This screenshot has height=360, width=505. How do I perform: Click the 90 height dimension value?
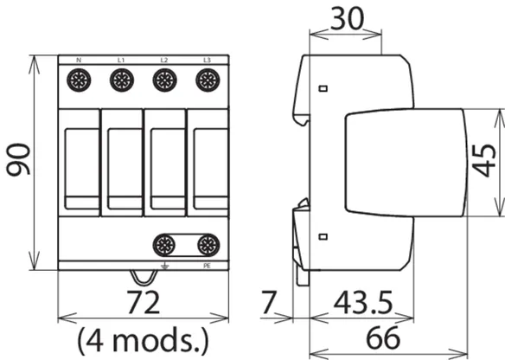coord(18,159)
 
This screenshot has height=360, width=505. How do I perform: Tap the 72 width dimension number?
coord(144,302)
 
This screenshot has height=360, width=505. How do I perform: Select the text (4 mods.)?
coord(143,340)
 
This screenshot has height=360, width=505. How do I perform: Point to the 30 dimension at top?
coord(348,19)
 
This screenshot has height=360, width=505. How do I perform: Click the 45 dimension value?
coord(484,161)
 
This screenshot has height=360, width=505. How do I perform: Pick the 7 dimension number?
coord(269,302)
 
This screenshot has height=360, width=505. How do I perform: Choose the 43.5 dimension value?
coord(363,302)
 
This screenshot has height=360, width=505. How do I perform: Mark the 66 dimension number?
coord(383,337)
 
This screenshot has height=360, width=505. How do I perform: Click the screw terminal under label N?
coord(79,80)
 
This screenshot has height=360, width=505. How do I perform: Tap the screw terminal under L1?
coord(122,80)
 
